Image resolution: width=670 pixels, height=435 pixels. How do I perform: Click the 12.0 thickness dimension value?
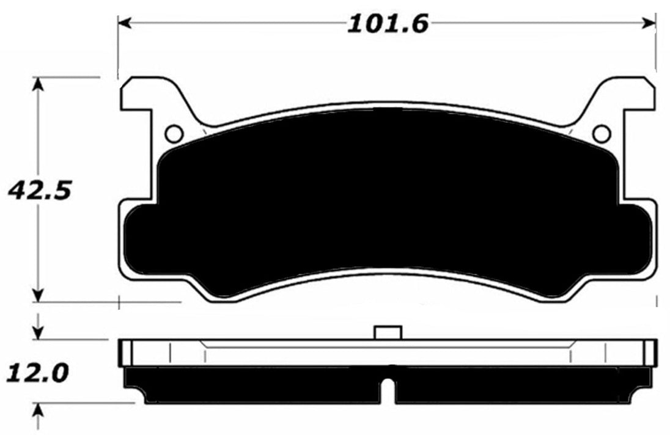click(37, 371)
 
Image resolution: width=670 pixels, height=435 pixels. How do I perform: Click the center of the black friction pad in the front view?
click(387, 202)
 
